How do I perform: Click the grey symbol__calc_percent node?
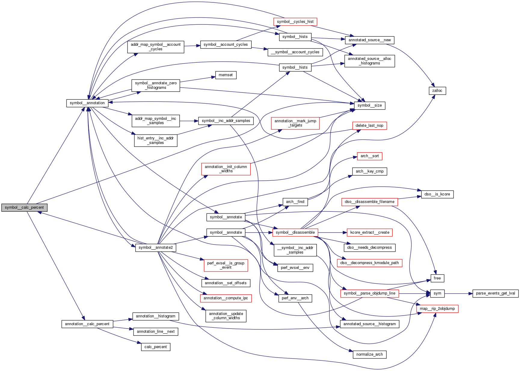coord(24,207)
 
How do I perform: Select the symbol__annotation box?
coord(87,103)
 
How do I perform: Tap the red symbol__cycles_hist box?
coord(295,22)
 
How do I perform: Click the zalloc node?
coord(437,91)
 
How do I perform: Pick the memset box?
coord(226,75)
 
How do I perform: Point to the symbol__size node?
coord(370,105)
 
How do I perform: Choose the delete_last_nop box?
coord(369,126)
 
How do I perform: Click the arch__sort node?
coord(370,156)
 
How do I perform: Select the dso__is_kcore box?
coord(437,194)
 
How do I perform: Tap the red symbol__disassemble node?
coord(295,232)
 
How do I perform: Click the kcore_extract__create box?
coord(370,232)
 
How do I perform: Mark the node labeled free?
coord(437,278)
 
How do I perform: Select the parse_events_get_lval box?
coord(495,293)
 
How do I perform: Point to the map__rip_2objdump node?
coord(437,309)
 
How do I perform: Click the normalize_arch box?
coord(369,354)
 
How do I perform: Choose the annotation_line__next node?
coord(155,332)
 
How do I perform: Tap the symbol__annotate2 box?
coord(155,248)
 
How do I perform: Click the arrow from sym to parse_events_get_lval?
coord(458,293)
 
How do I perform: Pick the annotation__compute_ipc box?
coord(226,298)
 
